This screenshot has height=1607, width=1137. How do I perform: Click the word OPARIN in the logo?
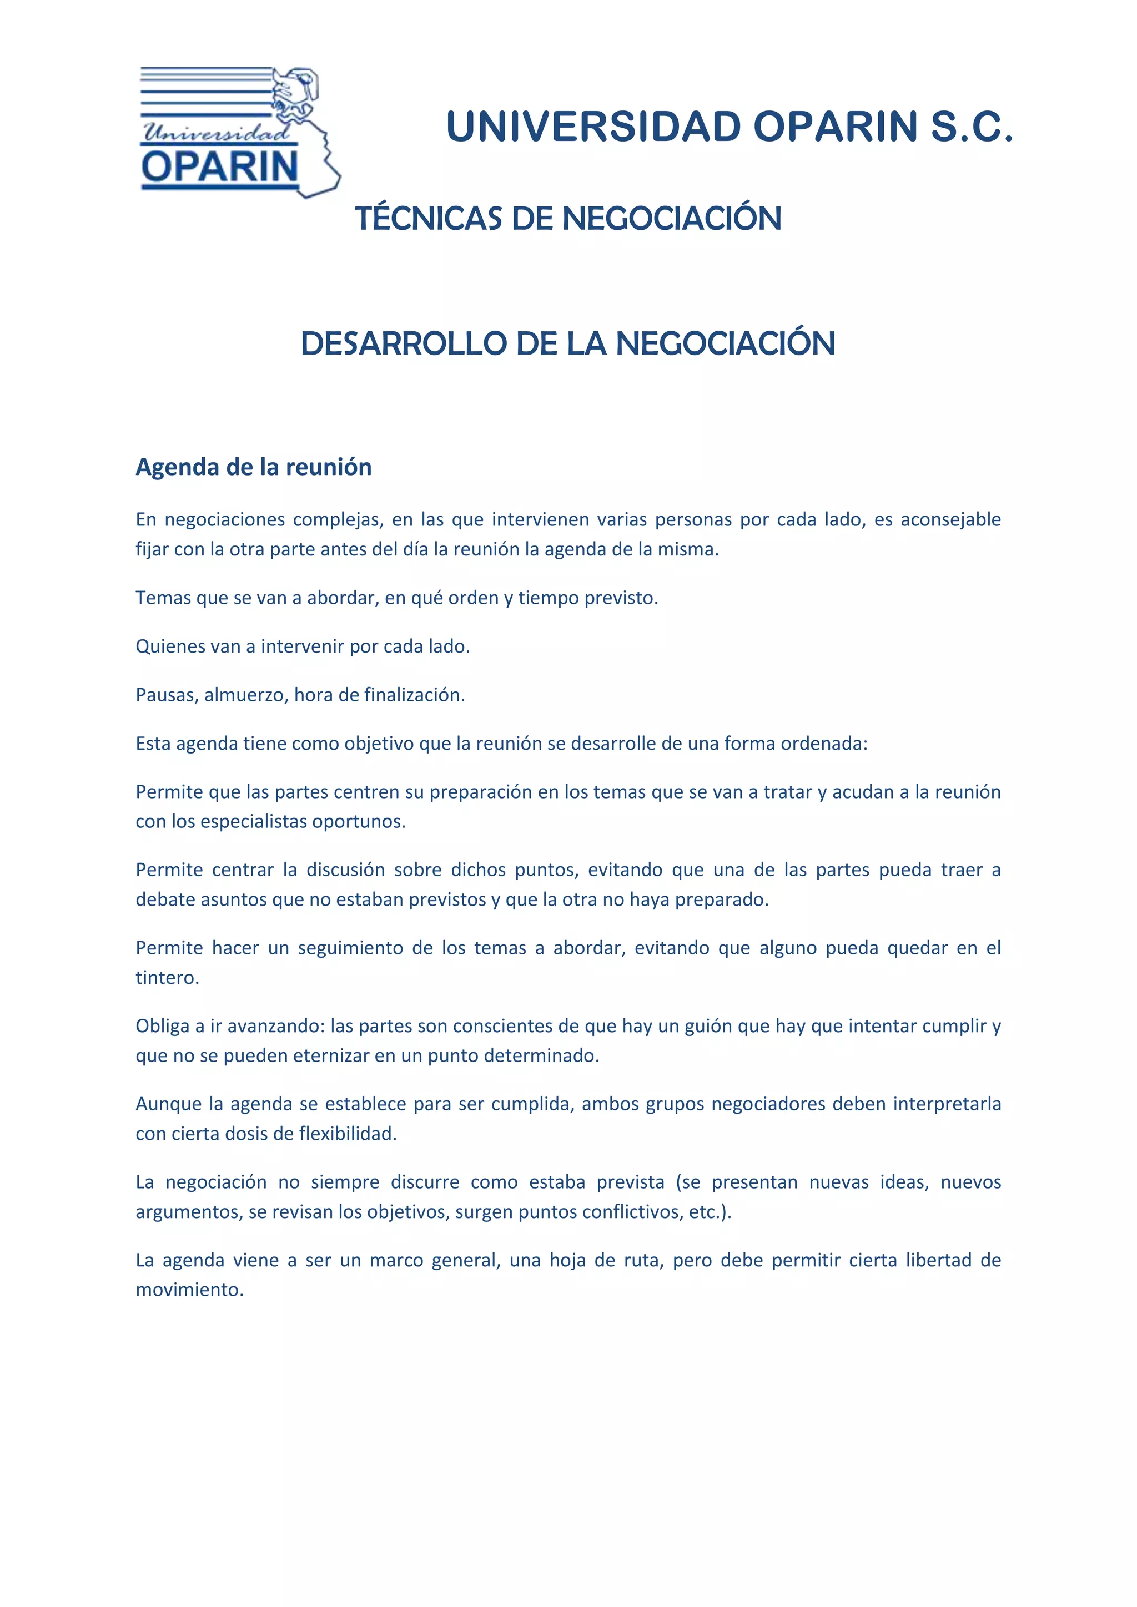[220, 166]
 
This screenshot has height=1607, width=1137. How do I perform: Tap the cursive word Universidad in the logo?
[215, 132]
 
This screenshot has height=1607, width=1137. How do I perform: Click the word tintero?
[167, 977]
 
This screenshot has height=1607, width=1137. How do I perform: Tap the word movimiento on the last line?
[189, 1289]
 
